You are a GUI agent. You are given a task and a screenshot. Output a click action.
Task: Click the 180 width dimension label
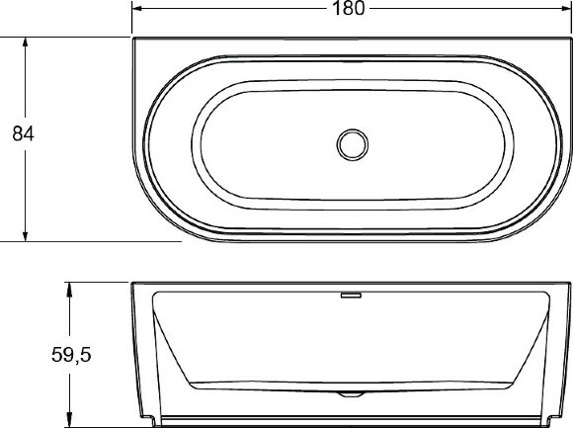click(x=351, y=9)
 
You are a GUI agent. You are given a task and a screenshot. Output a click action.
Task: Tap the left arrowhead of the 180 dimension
click(x=139, y=9)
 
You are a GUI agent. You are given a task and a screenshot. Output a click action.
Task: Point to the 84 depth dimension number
click(x=23, y=135)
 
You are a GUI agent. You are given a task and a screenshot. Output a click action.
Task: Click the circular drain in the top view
click(x=351, y=145)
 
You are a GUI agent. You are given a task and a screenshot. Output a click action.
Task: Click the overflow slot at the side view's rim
click(x=351, y=294)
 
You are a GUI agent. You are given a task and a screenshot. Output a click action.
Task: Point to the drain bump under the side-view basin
click(x=351, y=393)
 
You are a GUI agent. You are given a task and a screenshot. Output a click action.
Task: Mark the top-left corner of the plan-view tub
click(x=134, y=40)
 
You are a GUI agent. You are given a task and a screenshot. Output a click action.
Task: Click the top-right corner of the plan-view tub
click(x=568, y=40)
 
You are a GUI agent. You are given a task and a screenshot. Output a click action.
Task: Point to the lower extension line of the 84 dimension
click(x=89, y=240)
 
